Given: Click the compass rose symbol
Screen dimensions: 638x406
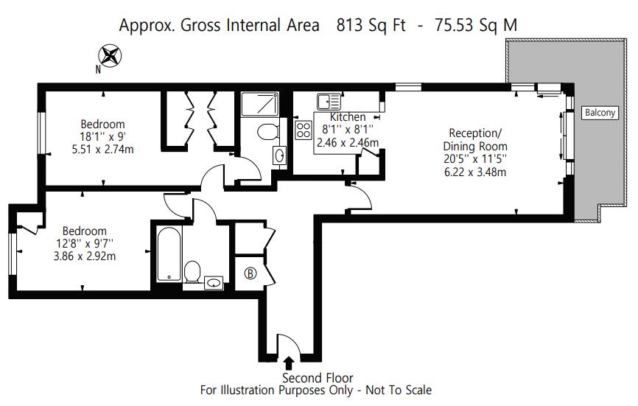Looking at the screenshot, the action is (110, 56).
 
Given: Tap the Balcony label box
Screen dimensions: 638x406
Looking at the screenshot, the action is (600, 112).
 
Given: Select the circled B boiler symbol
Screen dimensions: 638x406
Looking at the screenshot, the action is (250, 273).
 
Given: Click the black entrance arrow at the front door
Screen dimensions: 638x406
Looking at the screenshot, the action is (289, 363).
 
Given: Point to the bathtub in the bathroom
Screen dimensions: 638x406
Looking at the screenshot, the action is (169, 254).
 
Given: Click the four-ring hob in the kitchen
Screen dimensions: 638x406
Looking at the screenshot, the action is (303, 130).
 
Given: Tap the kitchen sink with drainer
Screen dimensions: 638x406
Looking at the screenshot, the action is (329, 102).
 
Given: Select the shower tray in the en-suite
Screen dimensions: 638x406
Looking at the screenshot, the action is (259, 105).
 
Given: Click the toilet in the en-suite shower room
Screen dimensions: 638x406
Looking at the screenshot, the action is (268, 132).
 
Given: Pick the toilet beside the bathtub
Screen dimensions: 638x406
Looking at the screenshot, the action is (192, 272).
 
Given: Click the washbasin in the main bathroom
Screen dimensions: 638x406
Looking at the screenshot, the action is (214, 282).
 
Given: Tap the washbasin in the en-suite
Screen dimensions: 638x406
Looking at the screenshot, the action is (279, 155).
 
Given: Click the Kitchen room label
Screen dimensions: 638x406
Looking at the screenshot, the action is (348, 117).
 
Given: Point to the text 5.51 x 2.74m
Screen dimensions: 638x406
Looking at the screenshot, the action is (102, 150).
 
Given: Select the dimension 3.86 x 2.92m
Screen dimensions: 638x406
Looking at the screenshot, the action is (85, 256).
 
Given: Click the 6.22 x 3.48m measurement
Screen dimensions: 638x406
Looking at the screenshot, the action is (475, 172).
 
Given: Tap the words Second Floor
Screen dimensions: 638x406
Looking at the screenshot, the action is (318, 378).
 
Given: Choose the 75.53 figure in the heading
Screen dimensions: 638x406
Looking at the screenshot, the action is (454, 25).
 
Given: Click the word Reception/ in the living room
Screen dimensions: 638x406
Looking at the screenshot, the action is (475, 133).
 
